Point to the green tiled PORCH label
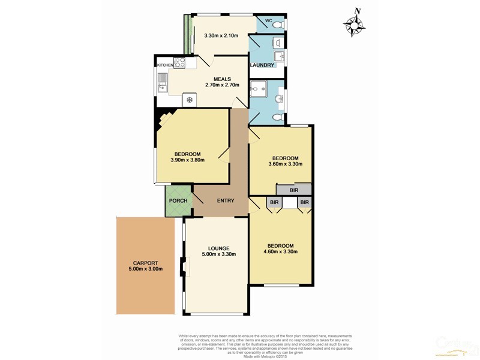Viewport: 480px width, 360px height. coord(178,200)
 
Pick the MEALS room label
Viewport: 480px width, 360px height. coord(222,78)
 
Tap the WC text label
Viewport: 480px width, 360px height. coord(268,21)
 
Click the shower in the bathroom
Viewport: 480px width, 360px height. coord(259,89)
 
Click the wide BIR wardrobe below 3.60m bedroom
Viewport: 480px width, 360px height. coord(293,190)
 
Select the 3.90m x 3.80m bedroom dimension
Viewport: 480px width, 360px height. coord(187,160)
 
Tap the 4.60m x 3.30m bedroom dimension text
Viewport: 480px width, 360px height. coord(280,251)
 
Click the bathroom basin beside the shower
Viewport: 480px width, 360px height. coord(280,98)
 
